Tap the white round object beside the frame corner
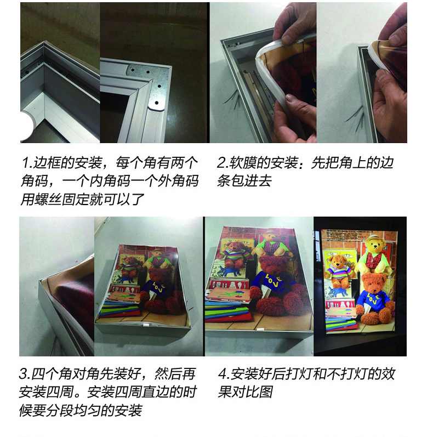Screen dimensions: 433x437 [x=27, y=126]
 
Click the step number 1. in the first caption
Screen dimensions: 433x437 [x=27, y=163]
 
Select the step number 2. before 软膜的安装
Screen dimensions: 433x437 [x=223, y=163]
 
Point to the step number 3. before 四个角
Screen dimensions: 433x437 [x=25, y=374]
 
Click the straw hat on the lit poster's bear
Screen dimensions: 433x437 [x=373, y=240]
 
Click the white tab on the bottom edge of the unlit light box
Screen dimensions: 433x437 [x=260, y=330]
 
